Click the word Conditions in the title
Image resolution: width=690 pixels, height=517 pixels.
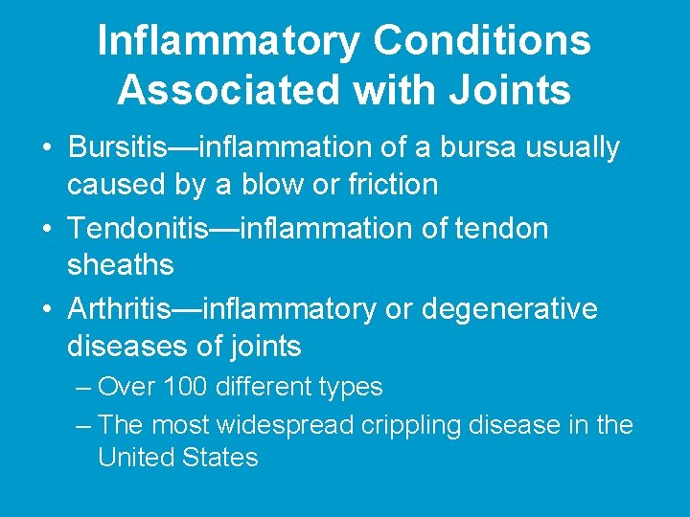point(482,41)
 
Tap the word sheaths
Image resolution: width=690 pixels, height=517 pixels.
point(120,264)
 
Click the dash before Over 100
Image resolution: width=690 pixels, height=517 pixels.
point(82,388)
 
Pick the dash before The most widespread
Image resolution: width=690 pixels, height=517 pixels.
point(82,425)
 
